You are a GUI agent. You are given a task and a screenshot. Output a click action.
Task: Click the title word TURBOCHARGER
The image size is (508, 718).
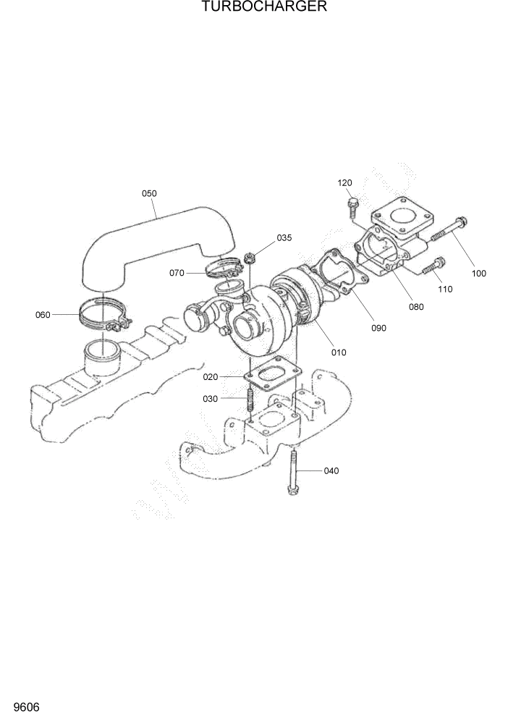pos(253,7)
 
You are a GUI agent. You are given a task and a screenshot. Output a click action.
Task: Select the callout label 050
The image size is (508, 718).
pos(149,193)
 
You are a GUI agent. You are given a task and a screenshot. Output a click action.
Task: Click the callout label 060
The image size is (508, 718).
pos(43,314)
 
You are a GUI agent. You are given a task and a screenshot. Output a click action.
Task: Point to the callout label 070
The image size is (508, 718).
pos(177,273)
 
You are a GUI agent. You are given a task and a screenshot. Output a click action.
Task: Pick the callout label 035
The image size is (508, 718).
pos(284,237)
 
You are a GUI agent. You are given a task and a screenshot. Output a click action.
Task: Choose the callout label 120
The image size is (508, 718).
pos(344,183)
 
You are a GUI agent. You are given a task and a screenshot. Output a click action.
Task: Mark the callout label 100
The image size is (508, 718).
pos(478,274)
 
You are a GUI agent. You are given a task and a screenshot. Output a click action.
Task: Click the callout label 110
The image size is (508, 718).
pos(444,289)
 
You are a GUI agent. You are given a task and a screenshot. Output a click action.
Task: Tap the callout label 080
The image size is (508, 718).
pos(415,306)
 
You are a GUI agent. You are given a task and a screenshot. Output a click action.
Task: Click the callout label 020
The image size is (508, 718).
pos(211,376)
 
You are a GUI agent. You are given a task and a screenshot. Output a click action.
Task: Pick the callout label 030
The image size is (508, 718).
pos(211,398)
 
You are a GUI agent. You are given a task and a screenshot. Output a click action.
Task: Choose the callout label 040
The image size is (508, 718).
pos(331,471)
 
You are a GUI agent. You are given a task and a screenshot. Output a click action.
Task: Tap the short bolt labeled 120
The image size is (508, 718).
pos(353,206)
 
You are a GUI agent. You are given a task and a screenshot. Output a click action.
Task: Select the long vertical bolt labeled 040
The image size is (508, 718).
pos(292,470)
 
